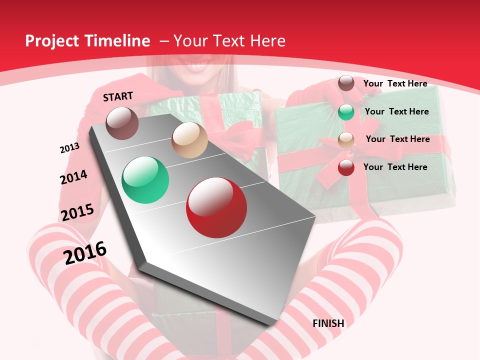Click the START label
[118, 96]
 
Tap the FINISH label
[328, 323]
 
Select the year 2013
[69, 148]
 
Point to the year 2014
[73, 177]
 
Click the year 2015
[77, 212]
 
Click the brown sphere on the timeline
[122, 123]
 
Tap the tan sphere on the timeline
[189, 140]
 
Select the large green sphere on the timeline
[145, 180]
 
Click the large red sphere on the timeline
[216, 207]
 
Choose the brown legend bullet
[346, 83]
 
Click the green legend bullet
[346, 111]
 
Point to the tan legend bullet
[346, 140]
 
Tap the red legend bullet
[346, 167]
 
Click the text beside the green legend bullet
[396, 111]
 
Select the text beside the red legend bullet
[395, 167]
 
